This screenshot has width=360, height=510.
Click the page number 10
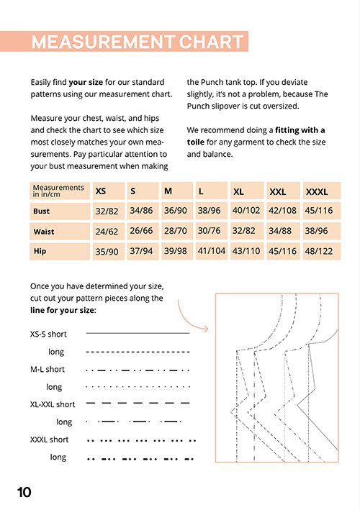[24, 492]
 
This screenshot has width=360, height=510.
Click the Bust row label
[41, 211]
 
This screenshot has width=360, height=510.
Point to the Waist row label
[44, 232]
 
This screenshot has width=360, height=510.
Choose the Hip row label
[40, 251]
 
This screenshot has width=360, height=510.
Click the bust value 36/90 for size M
[176, 211]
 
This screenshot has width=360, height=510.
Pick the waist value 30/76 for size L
[210, 231]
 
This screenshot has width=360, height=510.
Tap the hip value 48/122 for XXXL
[319, 251]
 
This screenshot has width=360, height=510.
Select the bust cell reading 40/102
[246, 211]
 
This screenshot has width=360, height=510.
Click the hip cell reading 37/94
[141, 251]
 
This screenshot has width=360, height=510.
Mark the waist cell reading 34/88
[280, 231]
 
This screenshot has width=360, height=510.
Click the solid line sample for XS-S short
[138, 333]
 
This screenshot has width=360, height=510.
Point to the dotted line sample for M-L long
[138, 387]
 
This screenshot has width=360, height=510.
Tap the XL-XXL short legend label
[53, 404]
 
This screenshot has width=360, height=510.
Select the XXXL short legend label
[49, 440]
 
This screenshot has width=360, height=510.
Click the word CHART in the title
[211, 42]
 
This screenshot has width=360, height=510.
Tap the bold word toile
[196, 142]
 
